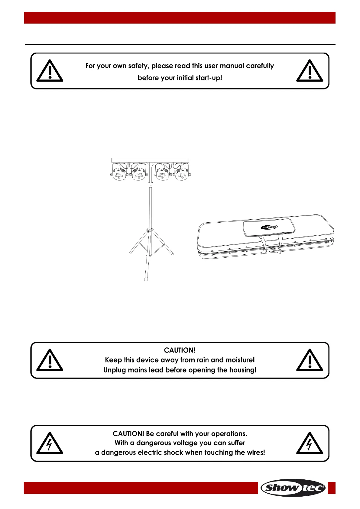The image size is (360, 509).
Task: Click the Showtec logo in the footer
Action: (x=293, y=488)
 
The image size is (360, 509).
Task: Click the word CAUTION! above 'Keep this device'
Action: (x=180, y=350)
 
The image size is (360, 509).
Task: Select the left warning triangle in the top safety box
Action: (x=50, y=71)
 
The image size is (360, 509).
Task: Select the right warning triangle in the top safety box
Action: (x=310, y=71)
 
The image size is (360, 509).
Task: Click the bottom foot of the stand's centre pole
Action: (x=146, y=278)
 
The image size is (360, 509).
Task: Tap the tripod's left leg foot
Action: (x=131, y=252)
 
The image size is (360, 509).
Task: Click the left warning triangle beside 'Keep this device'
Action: (x=50, y=360)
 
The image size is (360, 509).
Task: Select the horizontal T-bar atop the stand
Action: (x=150, y=159)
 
